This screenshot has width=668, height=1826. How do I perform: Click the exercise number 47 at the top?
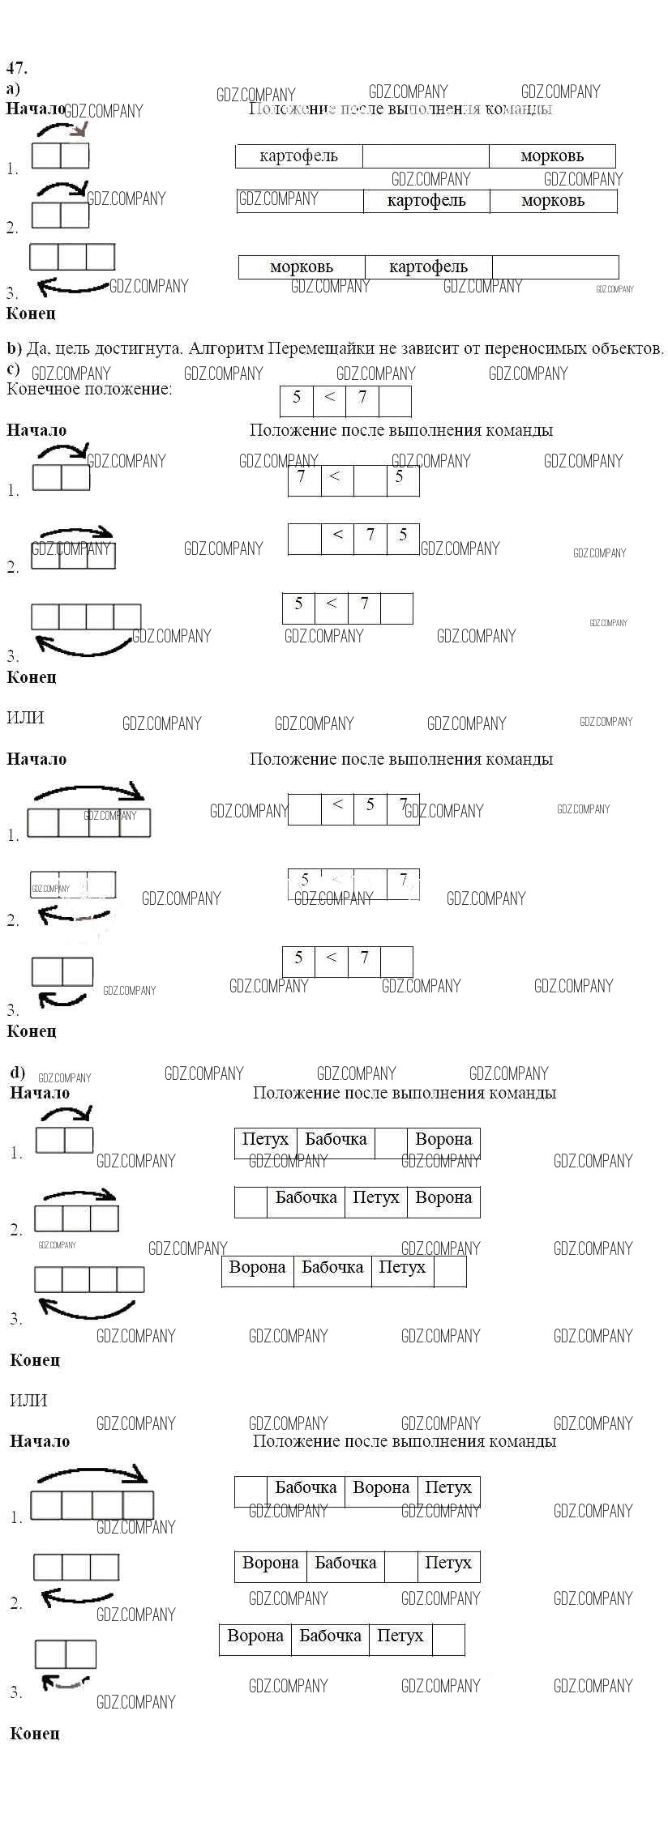(x=16, y=68)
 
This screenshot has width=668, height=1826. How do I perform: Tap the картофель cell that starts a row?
(x=298, y=156)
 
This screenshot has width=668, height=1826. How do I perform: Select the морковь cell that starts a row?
(x=301, y=267)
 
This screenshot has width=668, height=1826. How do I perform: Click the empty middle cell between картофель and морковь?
(x=426, y=156)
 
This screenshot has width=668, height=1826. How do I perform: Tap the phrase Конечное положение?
(x=89, y=389)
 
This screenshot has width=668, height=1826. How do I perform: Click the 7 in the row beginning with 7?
(x=302, y=477)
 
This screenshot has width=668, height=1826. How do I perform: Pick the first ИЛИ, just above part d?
(x=25, y=718)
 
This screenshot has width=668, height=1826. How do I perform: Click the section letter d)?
(x=17, y=1073)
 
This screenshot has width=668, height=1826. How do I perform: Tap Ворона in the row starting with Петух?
(x=443, y=1140)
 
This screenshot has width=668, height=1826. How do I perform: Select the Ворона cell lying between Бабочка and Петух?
(x=381, y=1488)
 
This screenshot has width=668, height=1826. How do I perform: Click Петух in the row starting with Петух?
(x=265, y=1140)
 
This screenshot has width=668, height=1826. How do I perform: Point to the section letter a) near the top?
(x=13, y=89)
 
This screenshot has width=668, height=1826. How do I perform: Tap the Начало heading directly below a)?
(x=36, y=109)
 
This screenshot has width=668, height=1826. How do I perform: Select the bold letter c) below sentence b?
(x=13, y=369)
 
